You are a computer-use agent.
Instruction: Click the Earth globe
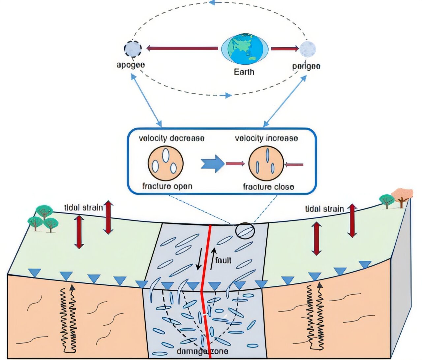pos(244,49)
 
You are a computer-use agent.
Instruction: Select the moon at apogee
pos(133,49)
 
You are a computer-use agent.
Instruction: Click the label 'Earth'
pos(244,72)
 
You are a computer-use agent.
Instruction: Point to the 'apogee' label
pos(131,65)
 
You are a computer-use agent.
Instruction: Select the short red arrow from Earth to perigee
pos(284,49)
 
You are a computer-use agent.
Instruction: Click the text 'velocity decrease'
pos(171,138)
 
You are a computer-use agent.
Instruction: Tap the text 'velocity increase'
pos(266,138)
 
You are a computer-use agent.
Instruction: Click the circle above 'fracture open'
pos(166,163)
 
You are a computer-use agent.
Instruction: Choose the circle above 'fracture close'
pos(266,164)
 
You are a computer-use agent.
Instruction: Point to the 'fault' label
pos(223,260)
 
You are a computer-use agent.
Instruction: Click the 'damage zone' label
pos(202,351)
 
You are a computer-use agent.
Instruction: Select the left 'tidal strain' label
pos(83,208)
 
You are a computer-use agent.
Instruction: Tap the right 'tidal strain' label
pos(324,209)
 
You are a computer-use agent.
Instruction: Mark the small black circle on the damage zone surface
pos(245,231)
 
